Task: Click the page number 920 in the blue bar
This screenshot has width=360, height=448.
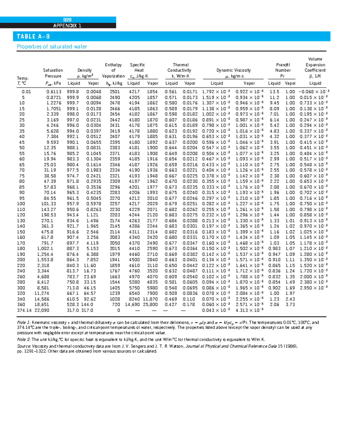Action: pos(67,20)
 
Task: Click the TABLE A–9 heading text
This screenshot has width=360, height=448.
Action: pos(33,37)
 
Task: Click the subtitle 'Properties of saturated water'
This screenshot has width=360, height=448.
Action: pos(52,46)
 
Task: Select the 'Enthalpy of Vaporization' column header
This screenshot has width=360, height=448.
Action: pos(113,70)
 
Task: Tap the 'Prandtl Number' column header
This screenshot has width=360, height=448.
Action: pos(283,70)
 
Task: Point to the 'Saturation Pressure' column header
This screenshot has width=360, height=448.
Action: pos(53,73)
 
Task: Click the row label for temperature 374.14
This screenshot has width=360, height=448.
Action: pos(24,310)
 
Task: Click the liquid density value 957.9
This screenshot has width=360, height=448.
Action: pos(73,204)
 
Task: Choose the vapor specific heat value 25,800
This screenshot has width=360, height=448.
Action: pos(150,305)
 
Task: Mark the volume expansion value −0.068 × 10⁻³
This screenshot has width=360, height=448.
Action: pos(314,92)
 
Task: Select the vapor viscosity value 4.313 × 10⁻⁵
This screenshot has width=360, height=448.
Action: pos(249,310)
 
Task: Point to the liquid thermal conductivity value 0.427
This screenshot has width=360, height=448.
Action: pos(171,305)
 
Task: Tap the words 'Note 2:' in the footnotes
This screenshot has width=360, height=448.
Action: pos(24,339)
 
